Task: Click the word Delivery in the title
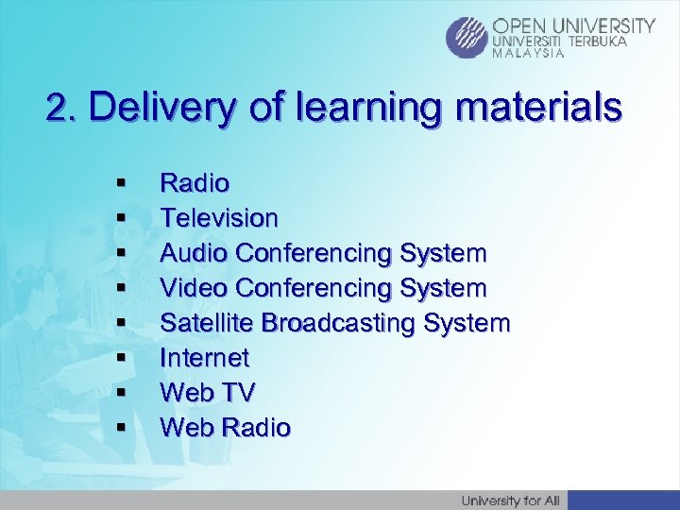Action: [x=161, y=109]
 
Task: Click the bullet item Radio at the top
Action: [x=195, y=182]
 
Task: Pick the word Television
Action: [x=219, y=218]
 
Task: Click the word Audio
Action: [x=195, y=253]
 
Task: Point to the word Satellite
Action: [x=207, y=323]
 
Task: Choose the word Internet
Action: [x=205, y=358]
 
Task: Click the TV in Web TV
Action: [x=236, y=393]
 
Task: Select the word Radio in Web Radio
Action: [x=256, y=428]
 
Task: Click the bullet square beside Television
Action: [x=121, y=219]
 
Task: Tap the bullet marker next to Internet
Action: [x=121, y=359]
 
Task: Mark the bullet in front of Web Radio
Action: [x=121, y=429]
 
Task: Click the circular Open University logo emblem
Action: [x=467, y=38]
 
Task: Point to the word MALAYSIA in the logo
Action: [x=530, y=54]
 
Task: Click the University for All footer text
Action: [x=511, y=500]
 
